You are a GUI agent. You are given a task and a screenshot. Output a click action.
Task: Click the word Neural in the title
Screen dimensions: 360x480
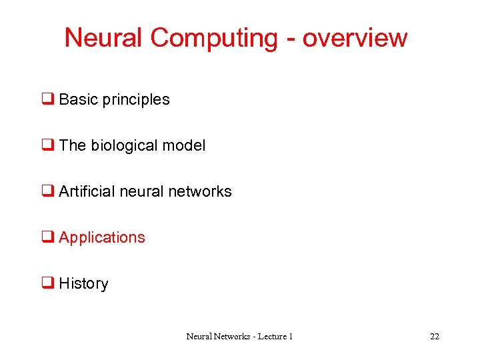click(x=104, y=37)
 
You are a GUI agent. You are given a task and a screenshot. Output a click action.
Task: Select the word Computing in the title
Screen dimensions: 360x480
click(x=213, y=38)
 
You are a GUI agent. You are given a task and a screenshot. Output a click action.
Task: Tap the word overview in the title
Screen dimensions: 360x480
click(x=354, y=38)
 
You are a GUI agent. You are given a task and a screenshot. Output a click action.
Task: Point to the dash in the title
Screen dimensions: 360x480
click(x=290, y=39)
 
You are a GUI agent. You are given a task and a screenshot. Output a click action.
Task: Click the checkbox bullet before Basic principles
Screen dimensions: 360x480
click(x=48, y=99)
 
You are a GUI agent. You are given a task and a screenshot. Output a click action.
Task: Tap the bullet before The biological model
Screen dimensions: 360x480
click(x=48, y=145)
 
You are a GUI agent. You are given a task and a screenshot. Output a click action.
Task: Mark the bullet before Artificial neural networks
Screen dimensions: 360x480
click(x=48, y=191)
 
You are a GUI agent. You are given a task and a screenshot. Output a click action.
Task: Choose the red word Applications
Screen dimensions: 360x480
click(x=101, y=238)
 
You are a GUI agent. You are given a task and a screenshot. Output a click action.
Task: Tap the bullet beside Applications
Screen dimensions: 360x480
click(x=48, y=237)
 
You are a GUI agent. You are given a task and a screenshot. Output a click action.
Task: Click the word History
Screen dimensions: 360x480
click(x=83, y=284)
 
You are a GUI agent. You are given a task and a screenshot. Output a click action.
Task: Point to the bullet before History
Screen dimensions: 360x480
click(x=48, y=283)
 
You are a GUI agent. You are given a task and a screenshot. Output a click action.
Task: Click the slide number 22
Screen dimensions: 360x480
click(x=435, y=337)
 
